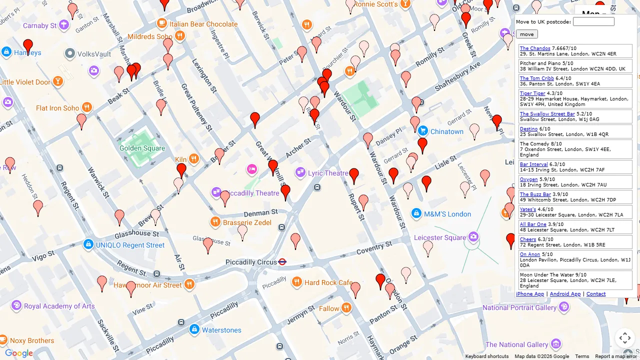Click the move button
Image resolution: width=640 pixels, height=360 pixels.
pyautogui.click(x=526, y=34)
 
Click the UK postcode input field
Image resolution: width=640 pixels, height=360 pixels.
pyautogui.click(x=593, y=21)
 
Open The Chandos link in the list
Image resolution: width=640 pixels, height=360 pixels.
pyautogui.click(x=534, y=48)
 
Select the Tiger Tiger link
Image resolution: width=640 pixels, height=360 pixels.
pyautogui.click(x=532, y=93)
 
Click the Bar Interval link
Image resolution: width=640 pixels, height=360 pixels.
pyautogui.click(x=533, y=164)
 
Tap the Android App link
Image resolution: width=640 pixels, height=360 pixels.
pyautogui.click(x=565, y=294)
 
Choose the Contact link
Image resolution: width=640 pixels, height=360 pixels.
pyautogui.click(x=595, y=294)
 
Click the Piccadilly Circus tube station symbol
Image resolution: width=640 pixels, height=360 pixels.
pyautogui.click(x=282, y=261)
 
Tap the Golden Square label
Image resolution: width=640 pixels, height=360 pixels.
pyautogui.click(x=142, y=148)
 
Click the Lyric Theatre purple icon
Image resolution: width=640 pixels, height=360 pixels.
pyautogui.click(x=300, y=172)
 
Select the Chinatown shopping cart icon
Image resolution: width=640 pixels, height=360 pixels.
pyautogui.click(x=423, y=131)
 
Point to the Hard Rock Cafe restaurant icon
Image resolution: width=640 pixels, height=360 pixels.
pyautogui.click(x=297, y=282)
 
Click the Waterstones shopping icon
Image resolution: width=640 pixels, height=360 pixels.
pyautogui.click(x=194, y=329)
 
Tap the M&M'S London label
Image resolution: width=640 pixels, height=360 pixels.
pyautogui.click(x=447, y=214)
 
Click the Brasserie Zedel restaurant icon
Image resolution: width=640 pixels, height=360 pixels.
pyautogui.click(x=215, y=222)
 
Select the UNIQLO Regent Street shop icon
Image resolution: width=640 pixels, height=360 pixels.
pyautogui.click(x=88, y=244)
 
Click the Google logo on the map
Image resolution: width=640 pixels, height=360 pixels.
pyautogui.click(x=19, y=353)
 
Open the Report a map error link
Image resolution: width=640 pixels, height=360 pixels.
pyautogui.click(x=615, y=356)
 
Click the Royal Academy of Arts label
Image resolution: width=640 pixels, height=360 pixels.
pyautogui.click(x=59, y=306)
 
